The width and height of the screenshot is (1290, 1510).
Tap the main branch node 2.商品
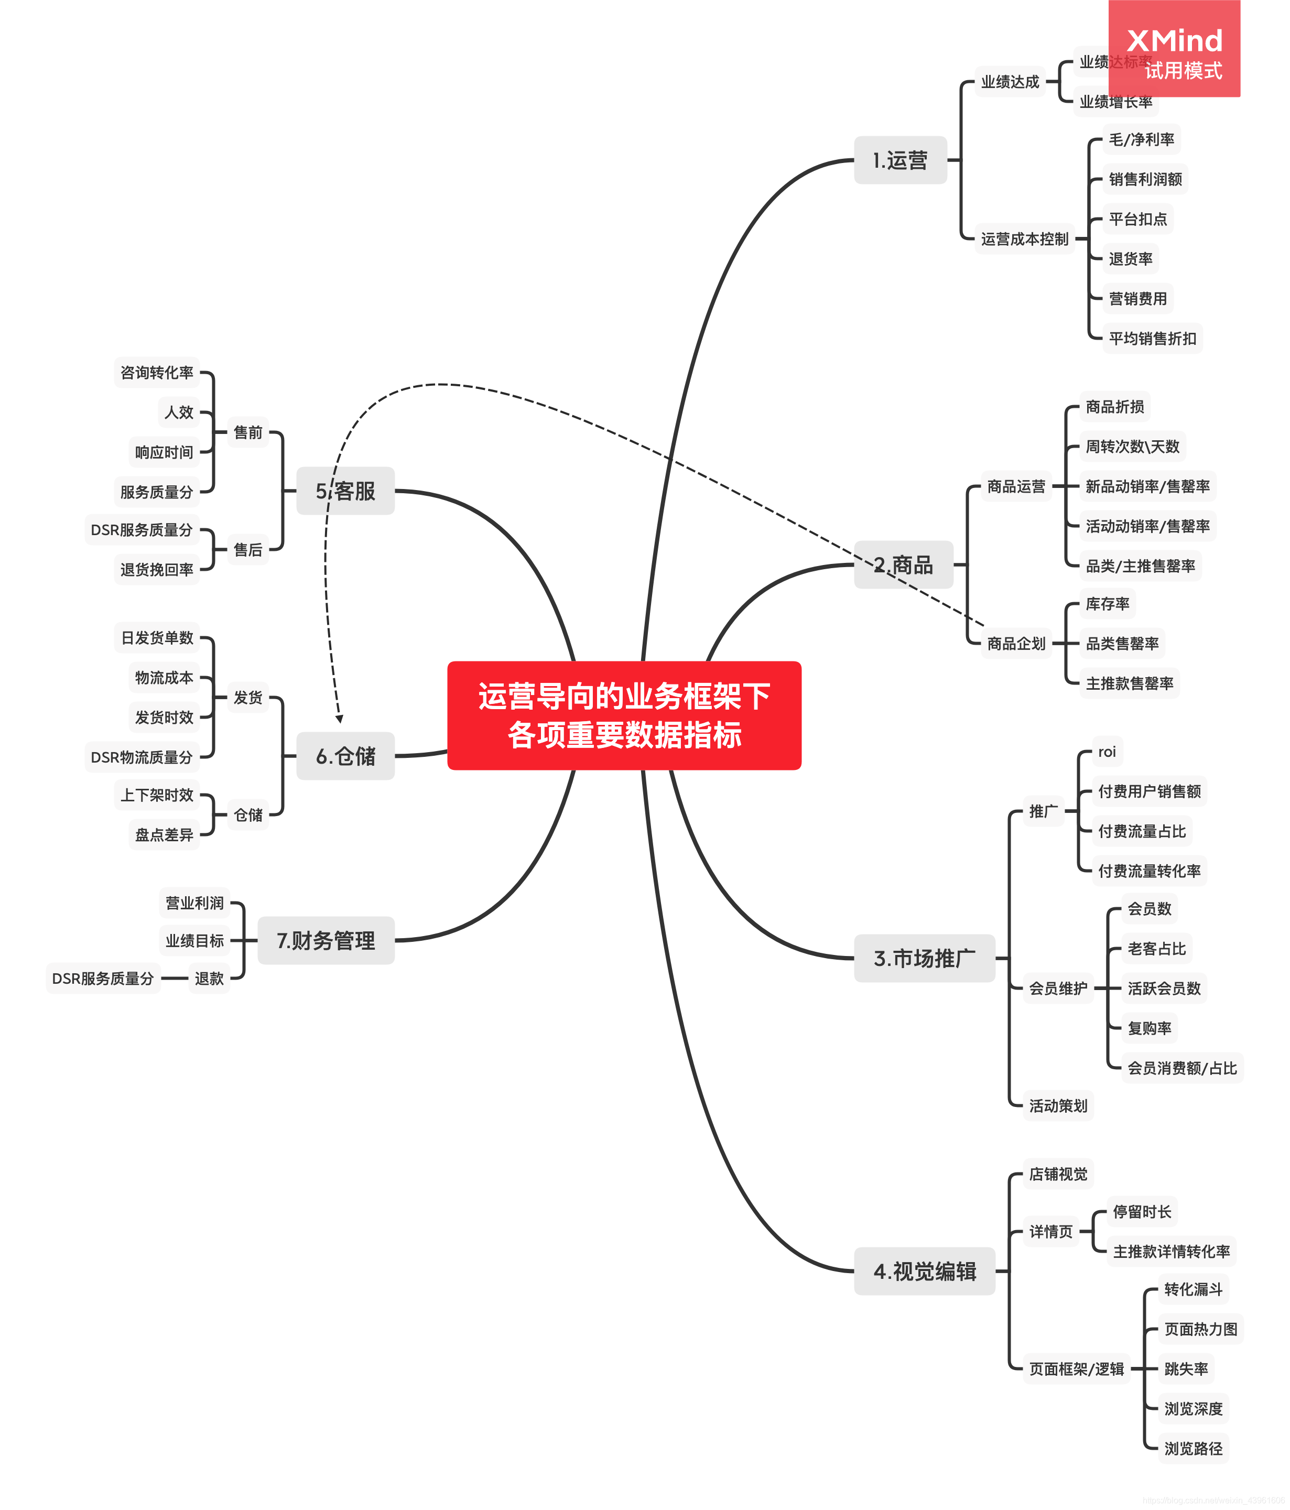903,565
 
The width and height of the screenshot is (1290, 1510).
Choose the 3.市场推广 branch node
924,958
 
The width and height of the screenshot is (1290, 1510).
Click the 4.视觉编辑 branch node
924,1271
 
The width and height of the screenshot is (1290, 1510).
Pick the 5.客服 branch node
345,491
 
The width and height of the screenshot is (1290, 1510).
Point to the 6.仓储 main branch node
345,756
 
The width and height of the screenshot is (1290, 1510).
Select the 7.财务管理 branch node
326,940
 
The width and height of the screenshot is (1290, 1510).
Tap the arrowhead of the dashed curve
340,719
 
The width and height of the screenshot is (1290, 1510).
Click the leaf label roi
1107,752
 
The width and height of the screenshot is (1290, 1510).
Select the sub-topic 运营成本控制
1024,238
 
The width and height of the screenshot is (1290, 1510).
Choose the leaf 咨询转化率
157,373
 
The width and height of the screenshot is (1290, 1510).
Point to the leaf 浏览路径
1193,1448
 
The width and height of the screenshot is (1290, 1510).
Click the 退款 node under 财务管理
209,978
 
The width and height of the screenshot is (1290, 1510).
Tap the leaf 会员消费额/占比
1181,1068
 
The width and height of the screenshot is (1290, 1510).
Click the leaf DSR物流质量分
142,757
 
